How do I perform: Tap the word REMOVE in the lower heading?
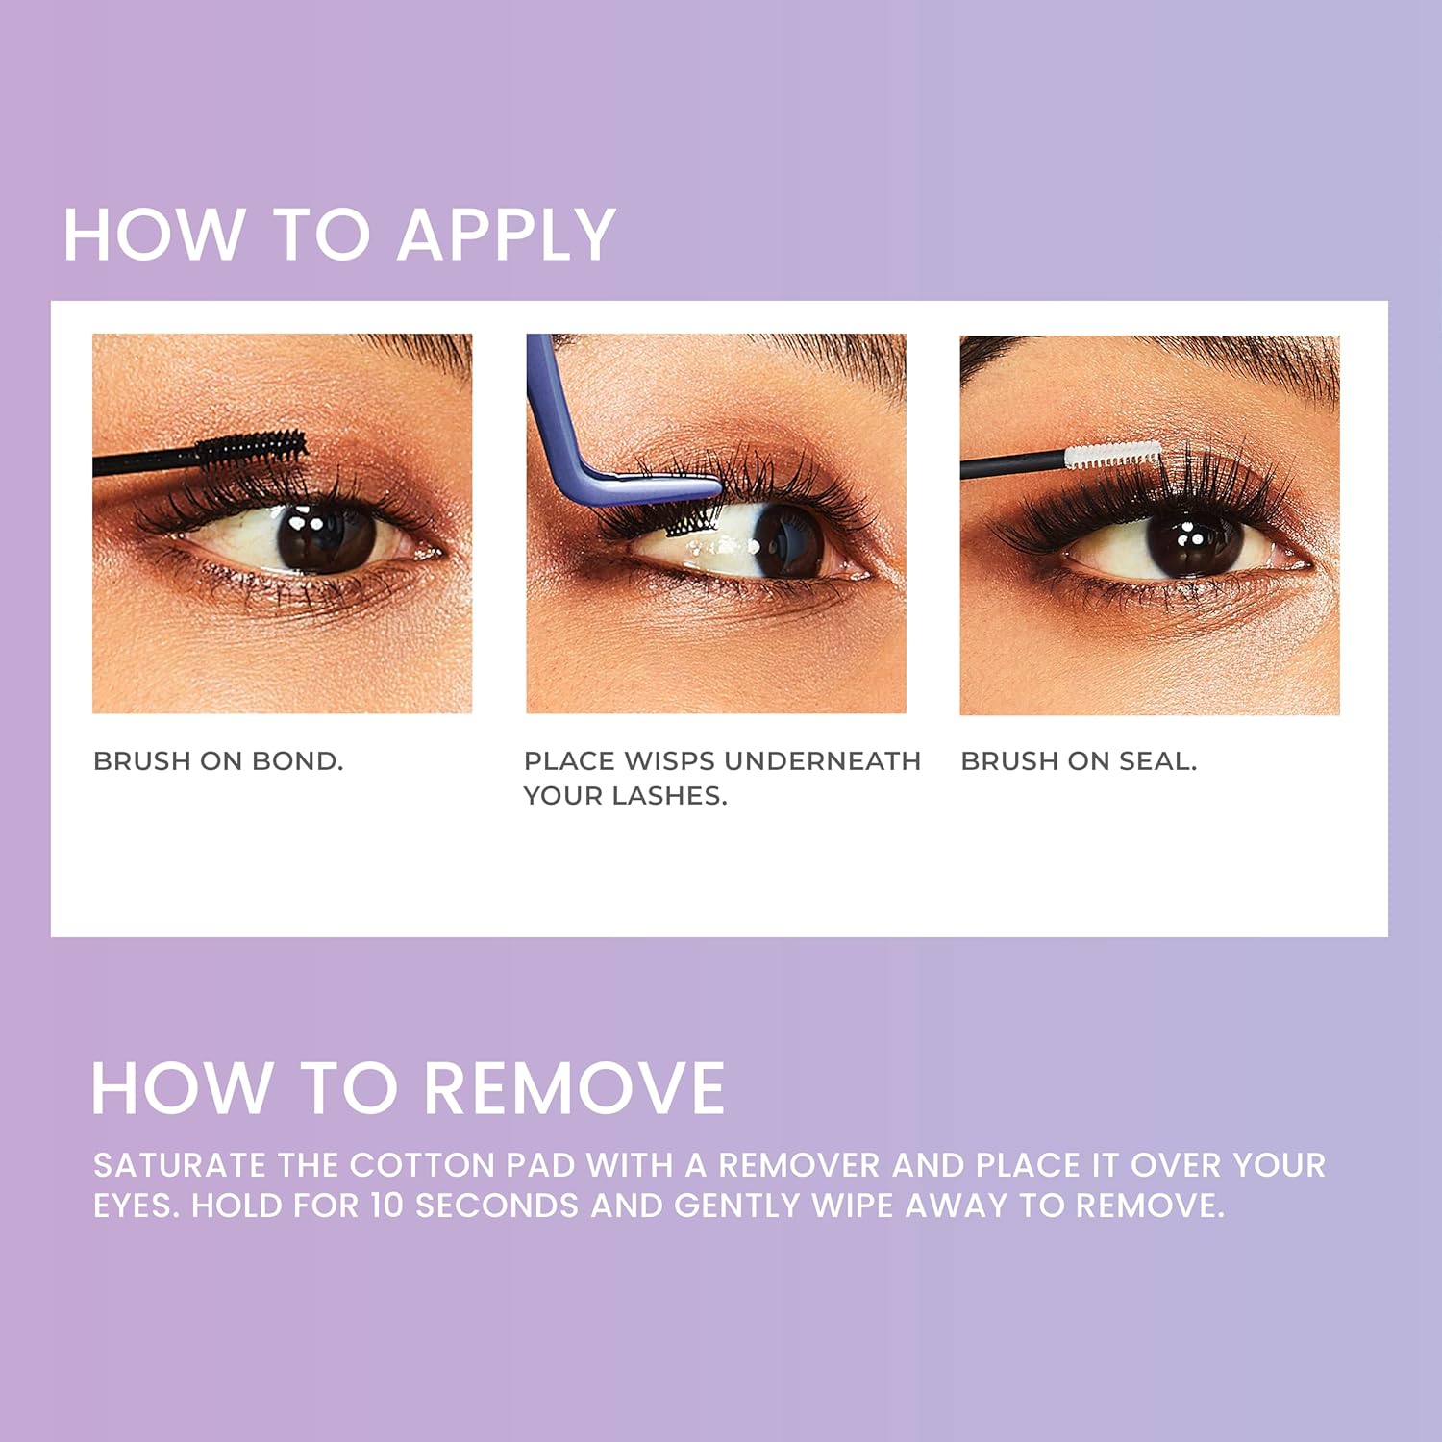tap(574, 1088)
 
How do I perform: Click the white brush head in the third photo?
tap(1112, 454)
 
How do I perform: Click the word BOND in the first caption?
tap(297, 761)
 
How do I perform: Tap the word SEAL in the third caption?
tap(1157, 761)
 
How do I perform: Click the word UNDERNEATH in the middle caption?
tap(823, 761)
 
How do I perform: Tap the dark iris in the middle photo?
tap(788, 538)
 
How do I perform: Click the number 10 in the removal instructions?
tap(387, 1206)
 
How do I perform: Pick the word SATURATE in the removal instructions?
tap(180, 1165)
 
